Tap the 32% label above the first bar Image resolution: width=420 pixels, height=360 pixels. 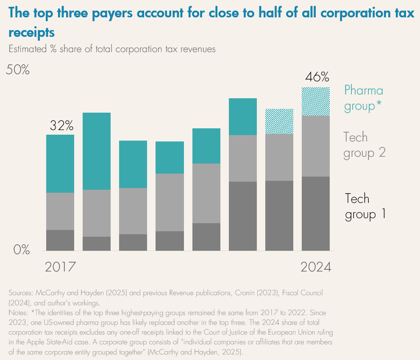[x=61, y=125]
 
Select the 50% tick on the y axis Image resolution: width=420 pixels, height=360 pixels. [x=17, y=70]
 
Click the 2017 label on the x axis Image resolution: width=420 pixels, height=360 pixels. [x=60, y=267]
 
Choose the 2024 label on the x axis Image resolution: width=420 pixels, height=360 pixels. [x=316, y=267]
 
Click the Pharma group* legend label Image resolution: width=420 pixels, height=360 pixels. [x=363, y=97]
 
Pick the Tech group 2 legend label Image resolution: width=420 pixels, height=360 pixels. [x=364, y=145]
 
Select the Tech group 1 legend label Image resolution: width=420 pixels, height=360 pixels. [x=365, y=206]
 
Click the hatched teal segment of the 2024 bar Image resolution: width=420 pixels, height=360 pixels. [x=316, y=102]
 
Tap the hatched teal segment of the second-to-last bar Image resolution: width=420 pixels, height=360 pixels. [x=279, y=122]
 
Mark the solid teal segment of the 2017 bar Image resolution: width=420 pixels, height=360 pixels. [x=60, y=163]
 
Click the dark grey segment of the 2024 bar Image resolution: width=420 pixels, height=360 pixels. [x=316, y=213]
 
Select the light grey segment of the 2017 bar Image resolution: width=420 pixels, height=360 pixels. [x=60, y=211]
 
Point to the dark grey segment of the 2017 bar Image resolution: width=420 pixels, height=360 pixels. [x=60, y=240]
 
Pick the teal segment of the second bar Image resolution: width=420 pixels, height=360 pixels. [x=97, y=151]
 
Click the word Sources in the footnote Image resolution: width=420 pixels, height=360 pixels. [x=20, y=293]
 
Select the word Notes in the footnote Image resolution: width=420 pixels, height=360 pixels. [x=18, y=312]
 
